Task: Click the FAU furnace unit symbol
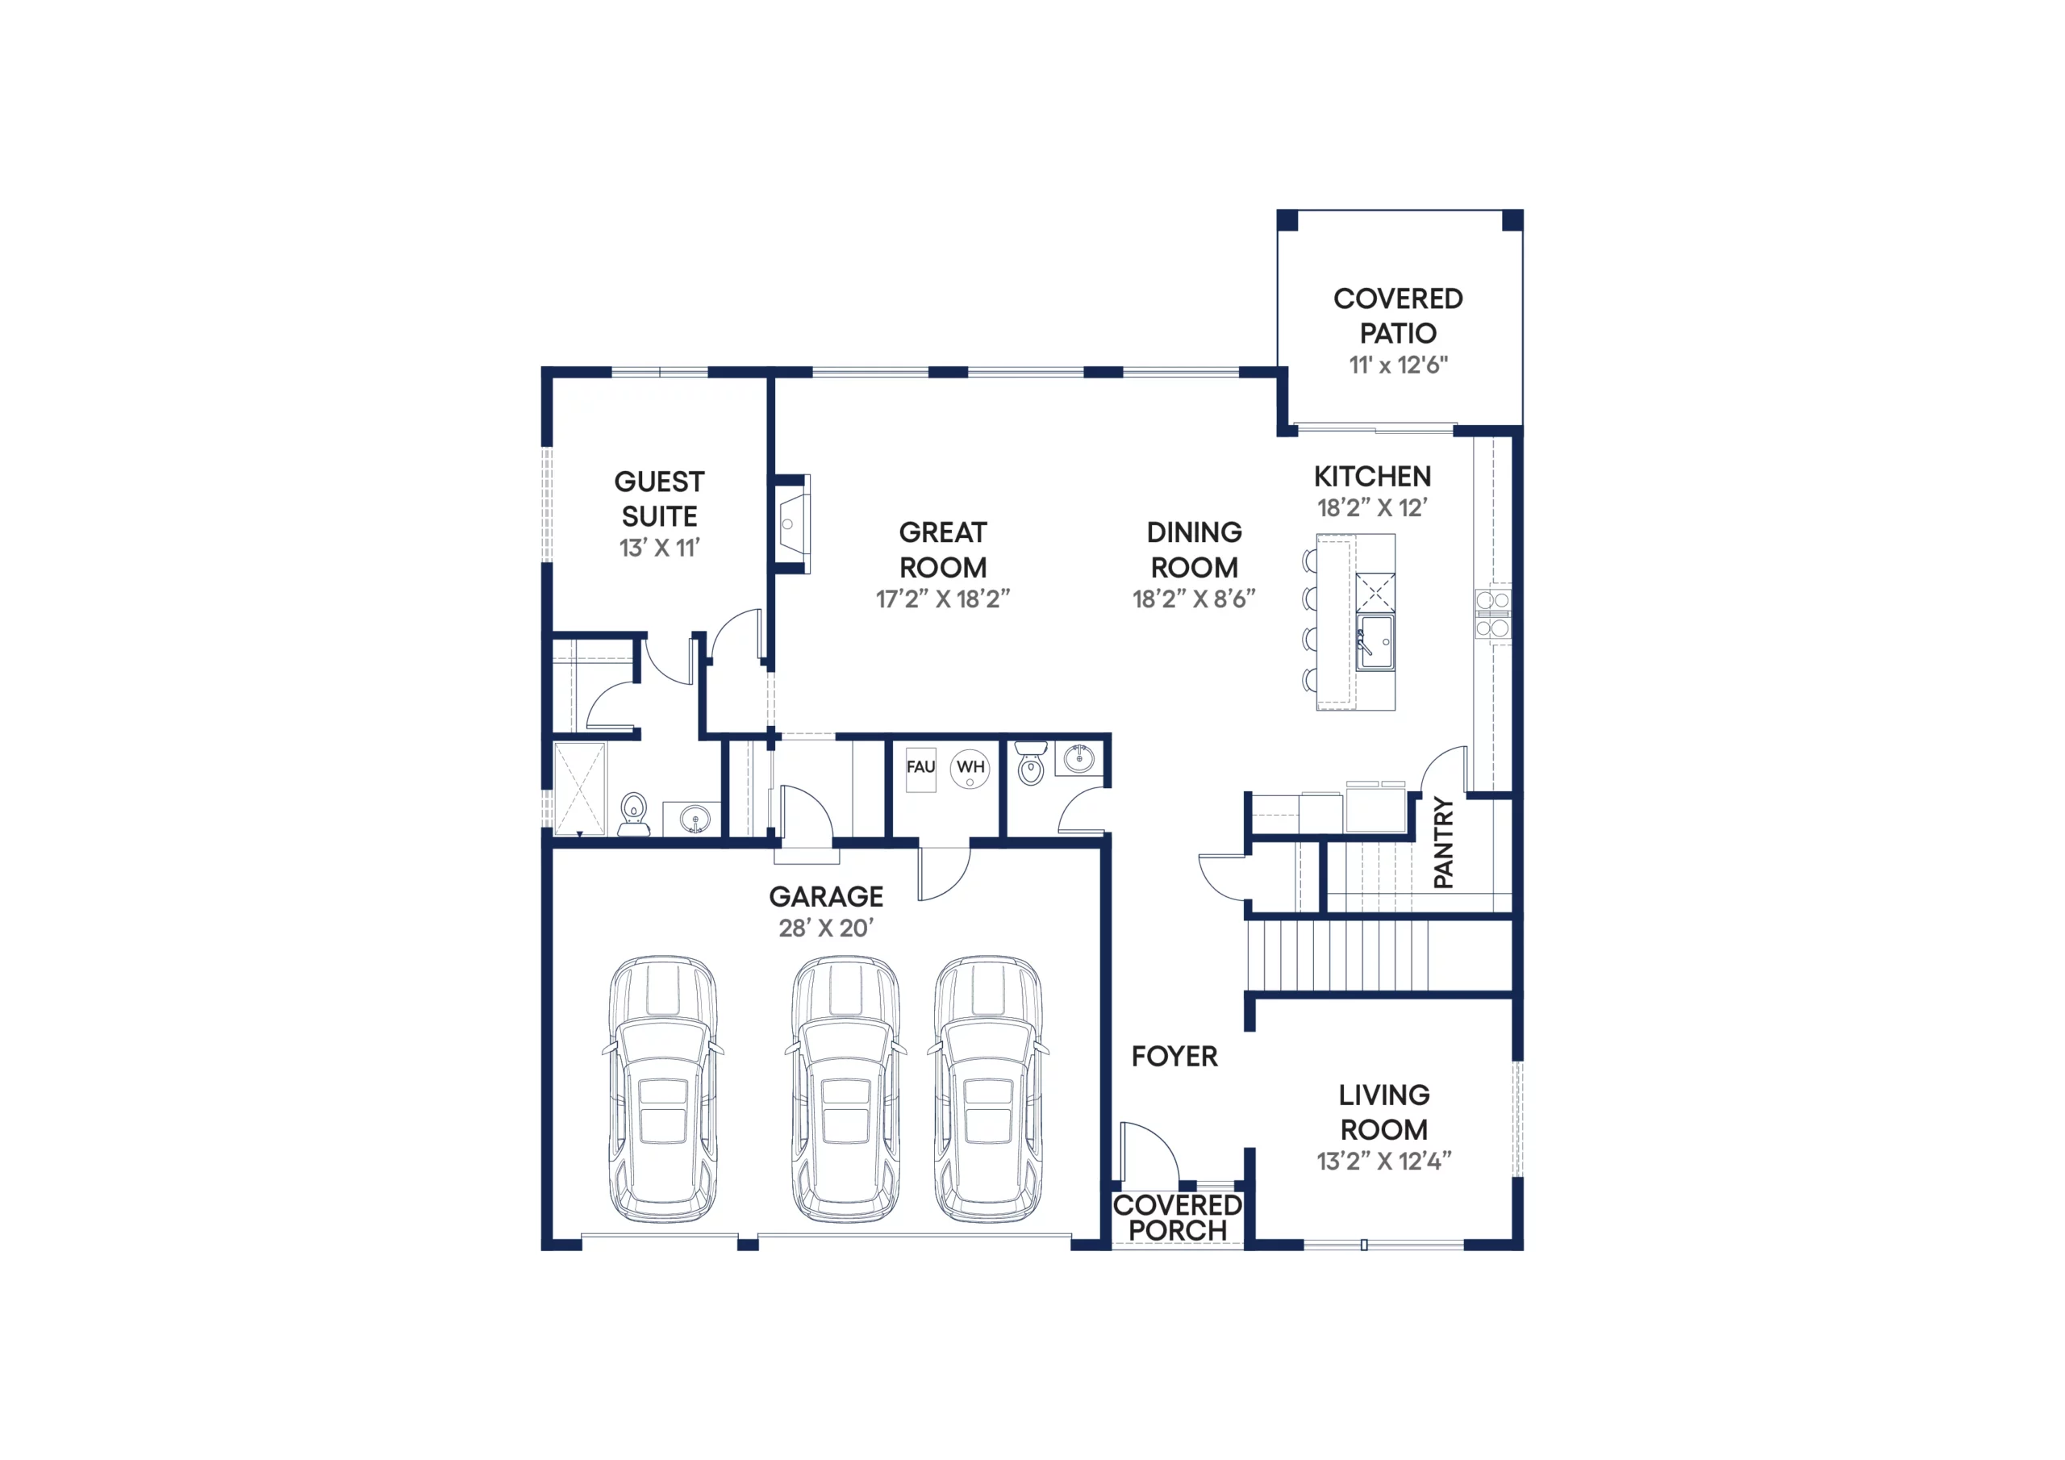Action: tap(920, 770)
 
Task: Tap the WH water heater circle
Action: tap(970, 768)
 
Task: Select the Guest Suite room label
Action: tap(659, 498)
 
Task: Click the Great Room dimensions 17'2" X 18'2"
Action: tap(943, 599)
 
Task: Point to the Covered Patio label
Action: tap(1398, 315)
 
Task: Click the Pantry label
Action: tap(1442, 842)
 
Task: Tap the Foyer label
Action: tap(1174, 1056)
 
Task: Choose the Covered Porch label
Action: tap(1178, 1217)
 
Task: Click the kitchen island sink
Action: tap(1375, 642)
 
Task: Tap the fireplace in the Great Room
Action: tap(791, 524)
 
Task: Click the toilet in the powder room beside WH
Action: tap(1031, 763)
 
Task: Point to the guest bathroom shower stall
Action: tap(579, 790)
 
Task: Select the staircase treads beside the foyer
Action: tap(1337, 954)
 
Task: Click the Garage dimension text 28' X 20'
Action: tap(826, 928)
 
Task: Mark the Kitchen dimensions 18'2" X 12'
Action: tap(1371, 508)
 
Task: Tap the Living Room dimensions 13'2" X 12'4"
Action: tap(1384, 1162)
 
